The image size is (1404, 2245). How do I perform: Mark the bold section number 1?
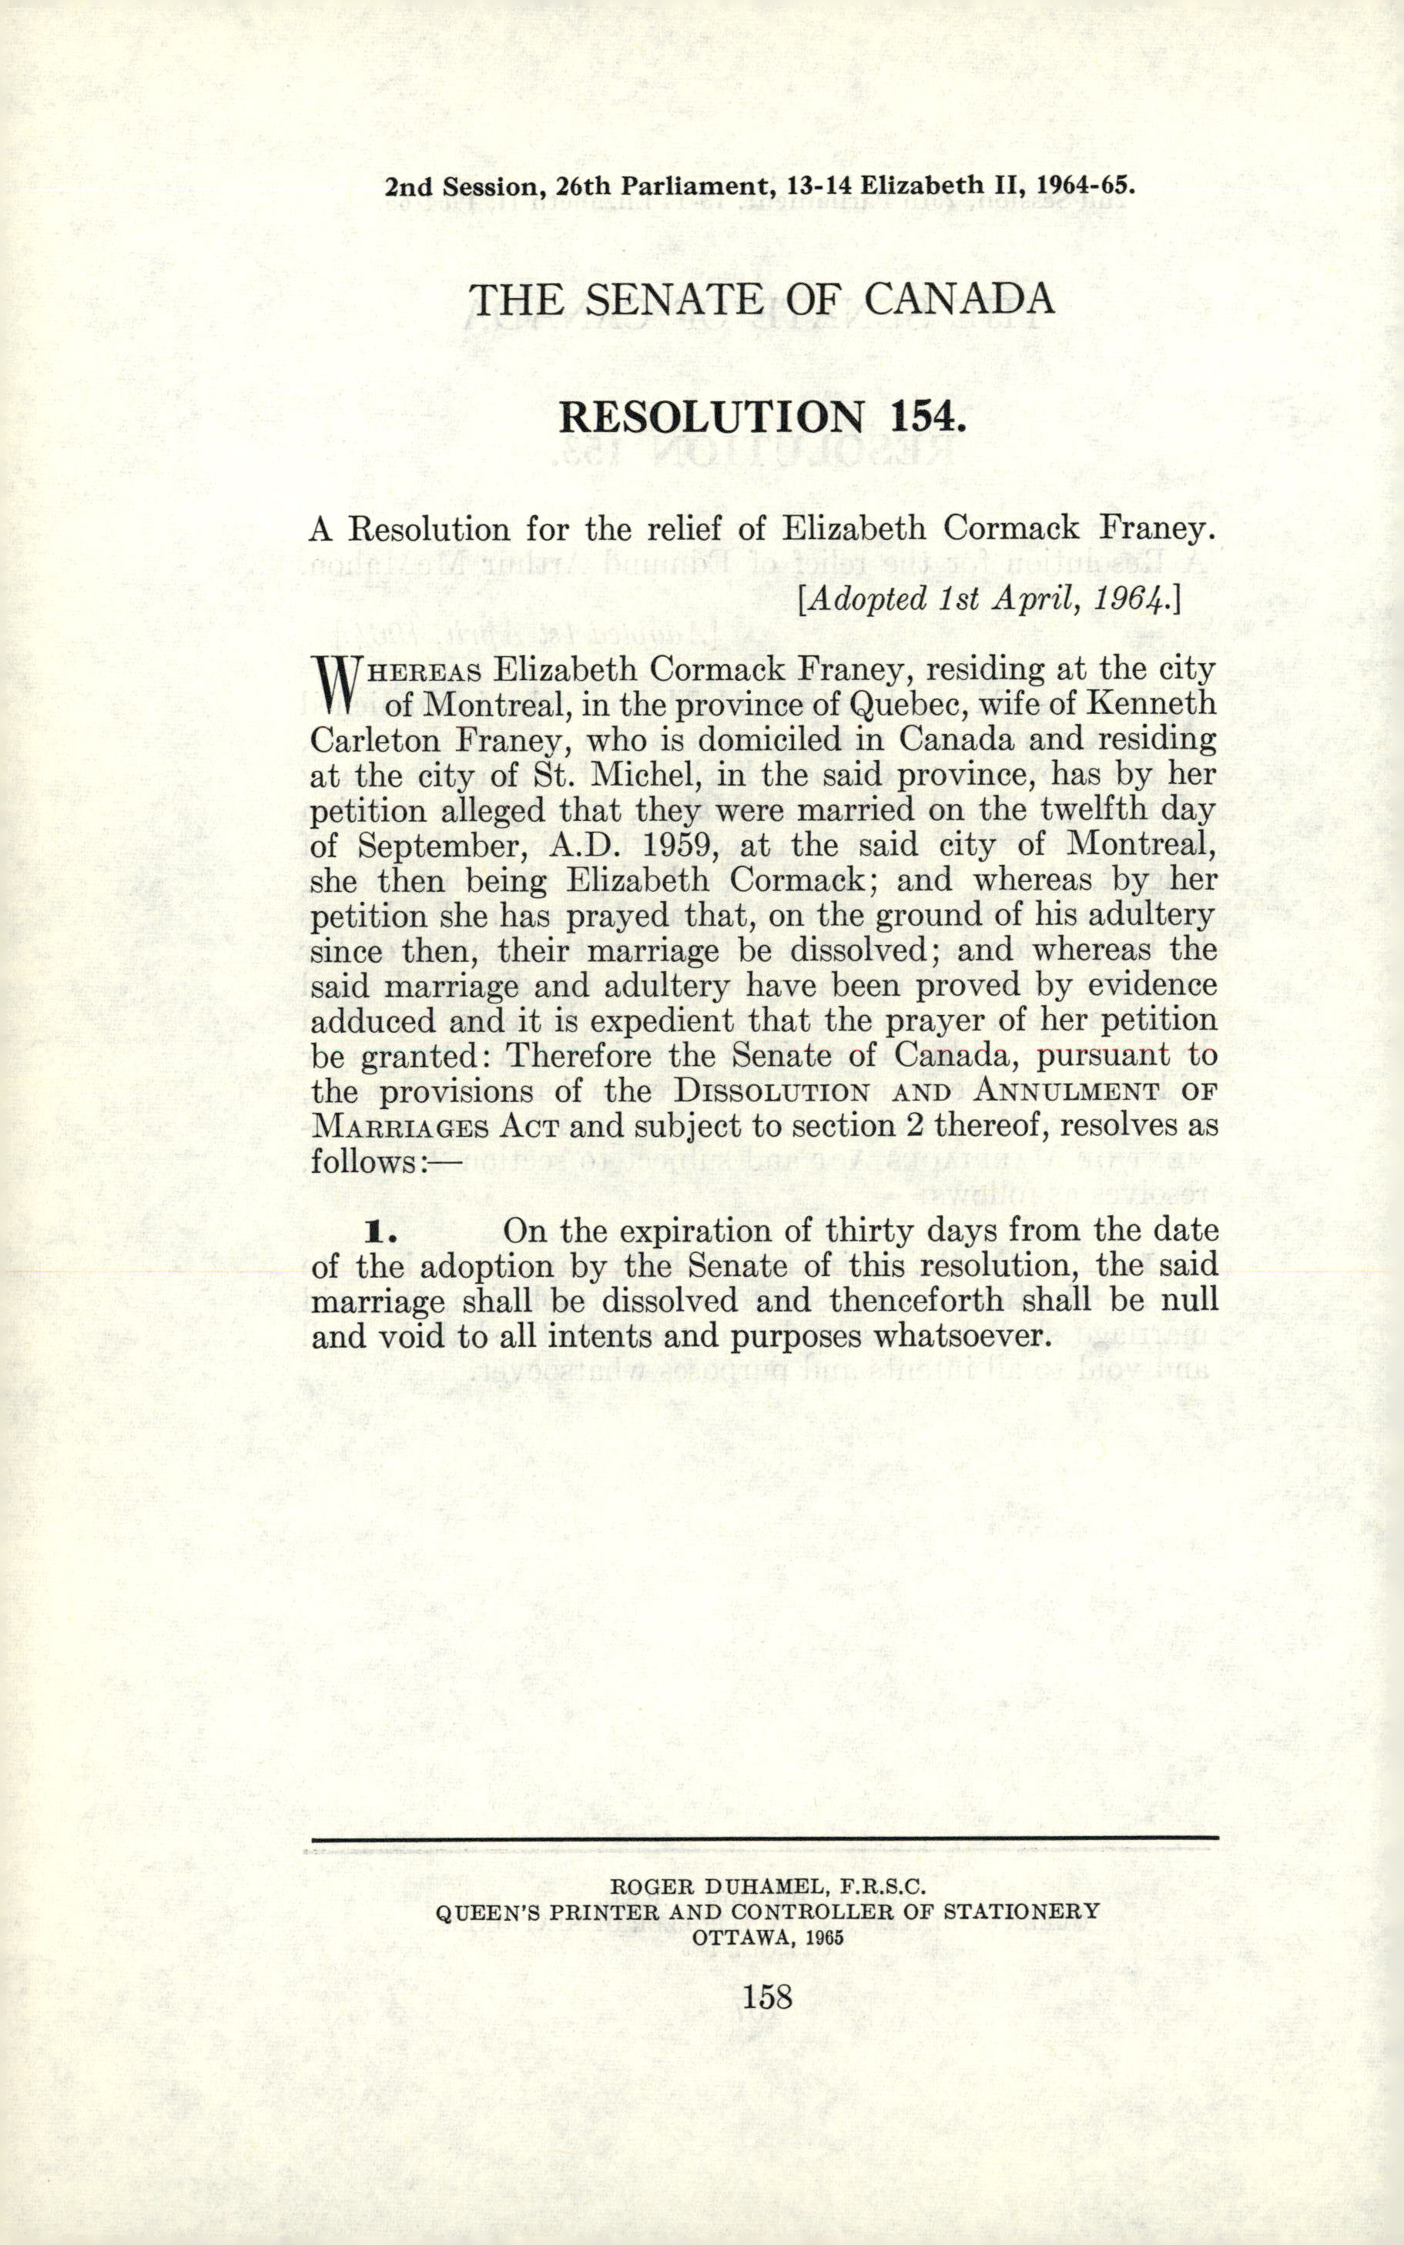[x=380, y=1233]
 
